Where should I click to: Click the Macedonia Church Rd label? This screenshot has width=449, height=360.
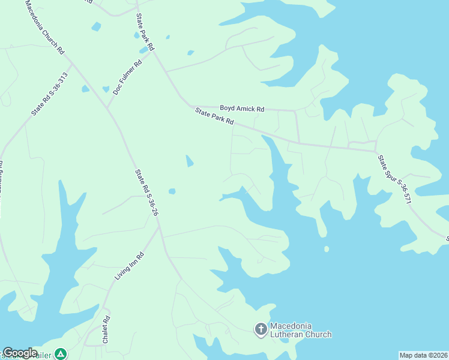pyautogui.click(x=44, y=28)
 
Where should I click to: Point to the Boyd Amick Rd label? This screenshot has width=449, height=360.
pyautogui.click(x=241, y=109)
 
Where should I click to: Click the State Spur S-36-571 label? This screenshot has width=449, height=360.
pyautogui.click(x=394, y=179)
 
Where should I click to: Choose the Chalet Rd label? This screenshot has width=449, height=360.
pyautogui.click(x=106, y=329)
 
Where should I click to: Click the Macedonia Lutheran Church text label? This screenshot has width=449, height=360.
pyautogui.click(x=300, y=330)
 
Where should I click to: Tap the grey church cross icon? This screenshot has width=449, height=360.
pyautogui.click(x=261, y=329)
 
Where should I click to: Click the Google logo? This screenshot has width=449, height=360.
pyautogui.click(x=19, y=353)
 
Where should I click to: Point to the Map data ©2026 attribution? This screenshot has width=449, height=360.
pyautogui.click(x=423, y=355)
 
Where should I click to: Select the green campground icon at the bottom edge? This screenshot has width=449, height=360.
pyautogui.click(x=60, y=354)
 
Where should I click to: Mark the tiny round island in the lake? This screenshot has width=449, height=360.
pyautogui.click(x=327, y=248)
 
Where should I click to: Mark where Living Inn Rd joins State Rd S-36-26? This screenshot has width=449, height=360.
pyautogui.click(x=158, y=226)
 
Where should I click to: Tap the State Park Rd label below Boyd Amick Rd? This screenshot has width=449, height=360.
pyautogui.click(x=214, y=116)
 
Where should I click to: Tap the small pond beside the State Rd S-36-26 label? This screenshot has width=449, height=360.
pyautogui.click(x=172, y=191)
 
